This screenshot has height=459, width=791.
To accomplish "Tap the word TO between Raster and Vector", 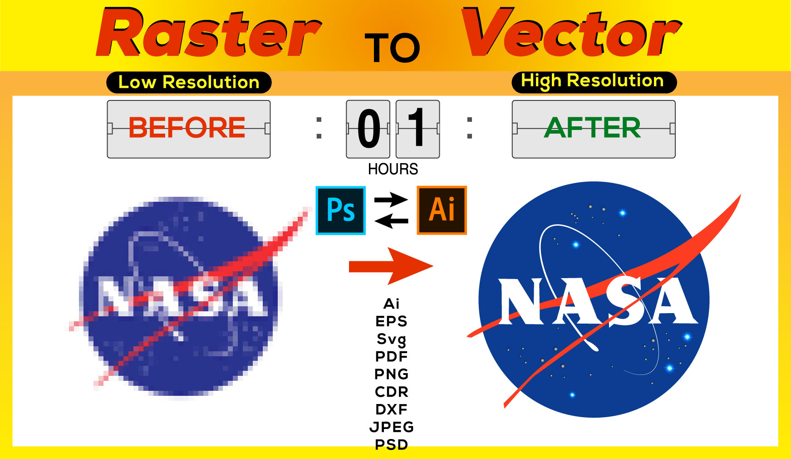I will pyautogui.click(x=393, y=48).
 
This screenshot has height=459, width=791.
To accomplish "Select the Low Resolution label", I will pyautogui.click(x=189, y=82).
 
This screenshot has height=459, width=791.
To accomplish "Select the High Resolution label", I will pyautogui.click(x=594, y=81).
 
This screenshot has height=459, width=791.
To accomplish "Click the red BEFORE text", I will pyautogui.click(x=187, y=127).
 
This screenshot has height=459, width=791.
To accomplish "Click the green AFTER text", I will pyautogui.click(x=593, y=127).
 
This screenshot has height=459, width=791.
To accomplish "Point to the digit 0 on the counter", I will pyautogui.click(x=368, y=129).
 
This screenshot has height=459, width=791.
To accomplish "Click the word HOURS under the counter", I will pyautogui.click(x=393, y=169).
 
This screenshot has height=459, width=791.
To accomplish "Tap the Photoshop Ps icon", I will pyautogui.click(x=341, y=210).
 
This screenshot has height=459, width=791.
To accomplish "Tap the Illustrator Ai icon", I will pyautogui.click(x=442, y=210).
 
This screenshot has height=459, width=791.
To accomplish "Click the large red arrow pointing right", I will pyautogui.click(x=390, y=266).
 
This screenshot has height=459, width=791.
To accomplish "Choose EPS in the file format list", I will pyautogui.click(x=391, y=321).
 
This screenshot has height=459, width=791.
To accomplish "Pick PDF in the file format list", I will pyautogui.click(x=391, y=356).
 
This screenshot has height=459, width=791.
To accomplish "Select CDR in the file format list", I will pyautogui.click(x=391, y=391).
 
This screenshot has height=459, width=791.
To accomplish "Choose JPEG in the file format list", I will pyautogui.click(x=391, y=427).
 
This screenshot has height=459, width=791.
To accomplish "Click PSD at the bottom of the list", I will pyautogui.click(x=391, y=444).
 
